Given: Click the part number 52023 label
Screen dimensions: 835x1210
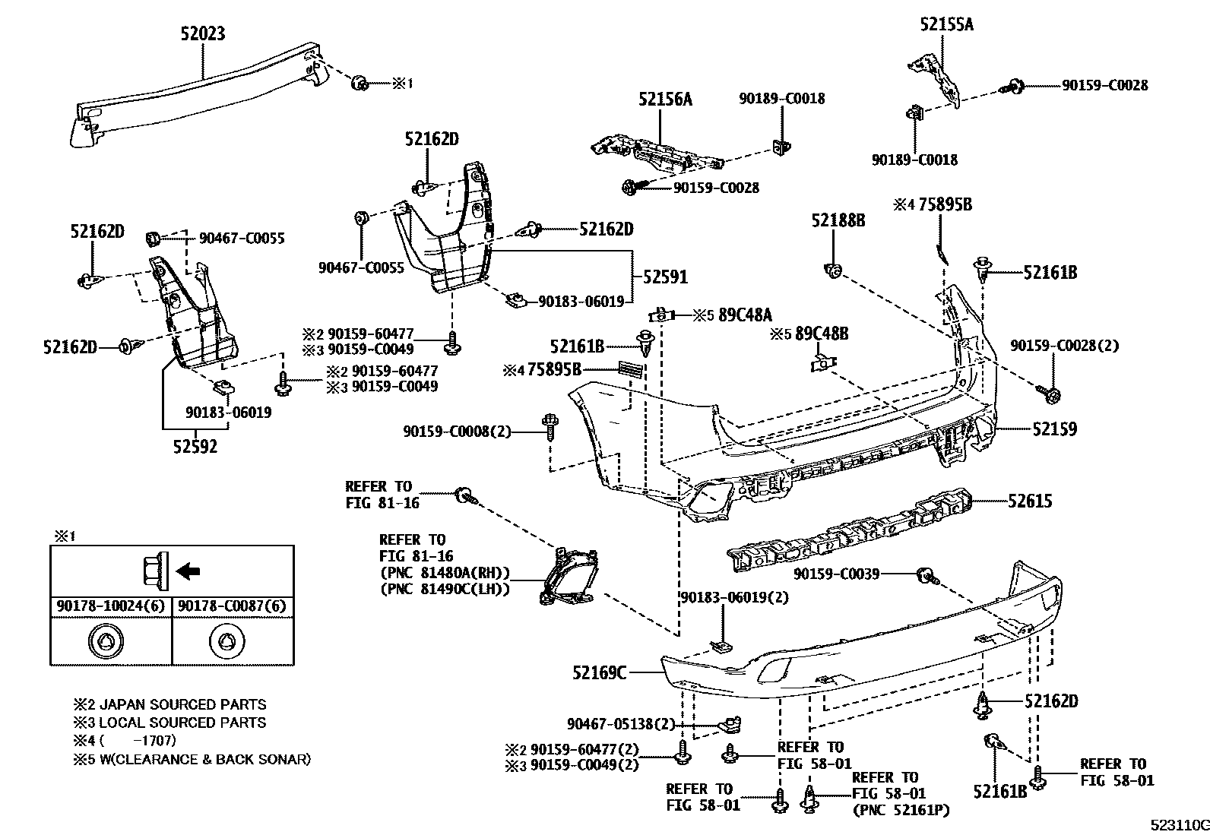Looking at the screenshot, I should pos(202,33).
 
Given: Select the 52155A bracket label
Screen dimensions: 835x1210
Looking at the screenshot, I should pos(946,24).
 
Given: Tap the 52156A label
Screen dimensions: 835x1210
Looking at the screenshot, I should pos(665,99).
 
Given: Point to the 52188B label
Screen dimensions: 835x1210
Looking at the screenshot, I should pos(838,220).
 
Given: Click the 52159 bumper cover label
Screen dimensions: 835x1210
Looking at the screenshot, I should pos(1054,429).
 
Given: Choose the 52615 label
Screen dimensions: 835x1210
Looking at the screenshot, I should pos(1030,501).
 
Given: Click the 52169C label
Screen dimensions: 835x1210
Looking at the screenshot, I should pos(600,672).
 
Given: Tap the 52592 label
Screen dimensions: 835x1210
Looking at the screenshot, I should pos(194,447).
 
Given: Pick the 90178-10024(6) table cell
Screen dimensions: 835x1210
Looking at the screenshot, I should pos(111,606).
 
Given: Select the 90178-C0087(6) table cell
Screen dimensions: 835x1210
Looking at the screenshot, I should pos(233,606).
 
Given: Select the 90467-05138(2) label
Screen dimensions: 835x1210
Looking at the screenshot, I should pos(622,724).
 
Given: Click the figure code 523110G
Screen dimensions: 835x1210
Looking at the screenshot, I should pos(1178,825).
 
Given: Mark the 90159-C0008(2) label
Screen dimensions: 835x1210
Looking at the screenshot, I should pos(457,432).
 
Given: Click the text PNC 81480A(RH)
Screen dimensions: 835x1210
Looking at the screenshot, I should pos(444,573).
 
